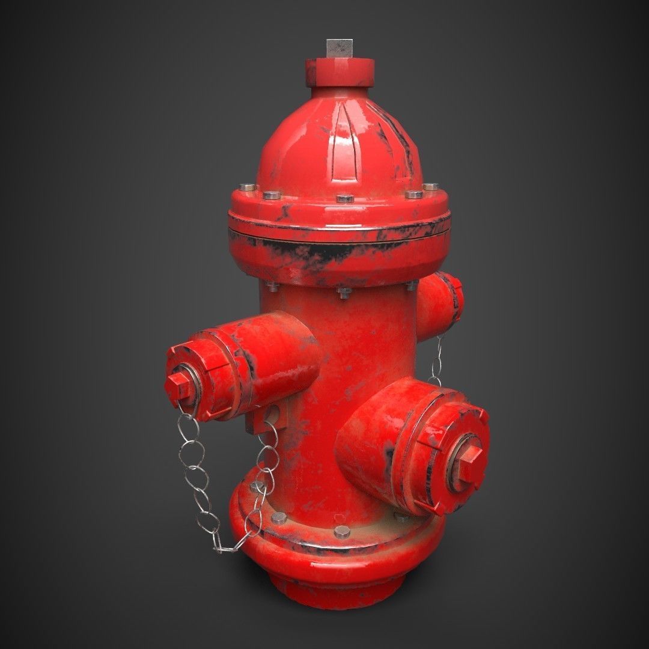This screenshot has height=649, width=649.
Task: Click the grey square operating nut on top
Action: [x=340, y=48]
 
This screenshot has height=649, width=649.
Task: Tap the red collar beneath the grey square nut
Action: [x=340, y=70]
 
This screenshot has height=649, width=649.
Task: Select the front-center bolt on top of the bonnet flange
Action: [x=344, y=198]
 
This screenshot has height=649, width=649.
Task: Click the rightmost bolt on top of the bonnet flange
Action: [x=430, y=187]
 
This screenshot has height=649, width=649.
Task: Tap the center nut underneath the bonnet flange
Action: [x=344, y=293]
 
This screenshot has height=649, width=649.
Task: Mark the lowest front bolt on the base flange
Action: [x=341, y=531]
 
